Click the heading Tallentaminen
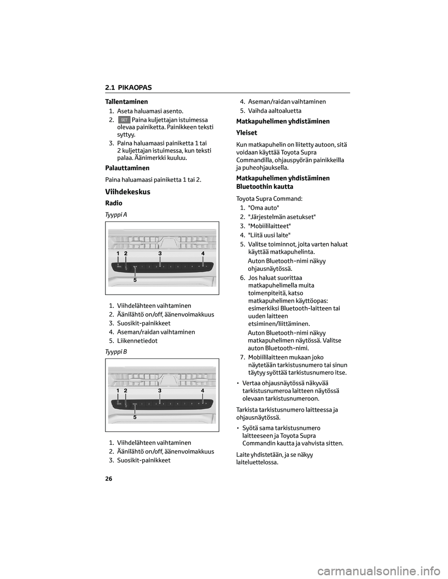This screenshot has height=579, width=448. tap(123, 102)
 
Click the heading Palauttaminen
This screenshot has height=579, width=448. tap(124, 168)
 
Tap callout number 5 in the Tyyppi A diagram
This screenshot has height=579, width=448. tap(135, 281)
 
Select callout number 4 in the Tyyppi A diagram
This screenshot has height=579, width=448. tap(203, 253)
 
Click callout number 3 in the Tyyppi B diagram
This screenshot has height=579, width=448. tap(160, 390)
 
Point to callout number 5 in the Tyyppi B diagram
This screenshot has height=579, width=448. tap(135, 418)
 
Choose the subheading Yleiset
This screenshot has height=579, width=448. tap(247, 133)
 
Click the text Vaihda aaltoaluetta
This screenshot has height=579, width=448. tap(274, 110)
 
